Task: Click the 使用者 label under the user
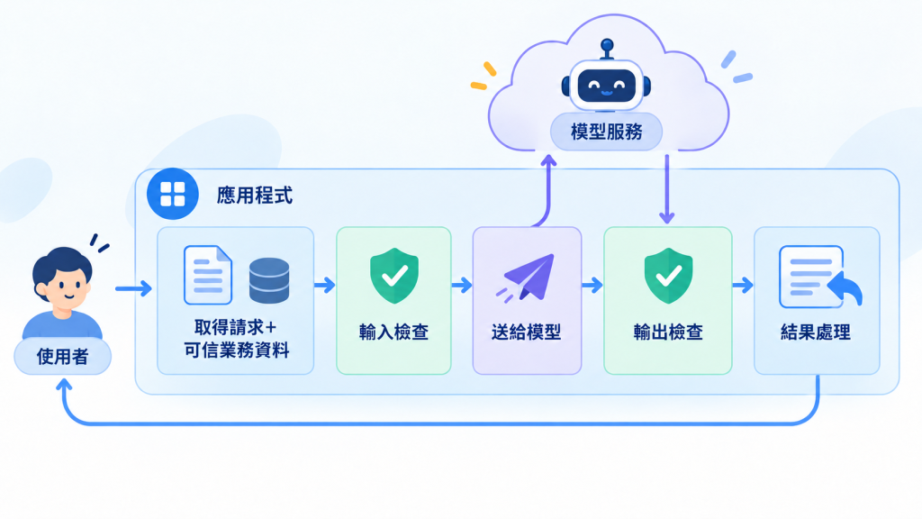(x=62, y=357)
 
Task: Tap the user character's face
(x=64, y=286)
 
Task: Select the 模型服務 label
(x=606, y=132)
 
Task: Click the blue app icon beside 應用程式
(x=172, y=194)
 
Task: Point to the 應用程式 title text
(x=255, y=195)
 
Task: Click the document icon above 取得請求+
(x=208, y=275)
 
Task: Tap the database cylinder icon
(x=269, y=281)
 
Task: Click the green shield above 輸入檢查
(x=394, y=276)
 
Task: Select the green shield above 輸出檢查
(x=668, y=276)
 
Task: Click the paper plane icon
(x=526, y=278)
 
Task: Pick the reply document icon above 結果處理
(x=819, y=278)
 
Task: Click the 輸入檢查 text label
(x=394, y=332)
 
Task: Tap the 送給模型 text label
(x=526, y=332)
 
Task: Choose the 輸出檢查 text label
(x=668, y=332)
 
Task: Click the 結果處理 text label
(x=816, y=332)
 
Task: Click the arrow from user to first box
(x=133, y=288)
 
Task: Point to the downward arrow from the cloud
(x=666, y=189)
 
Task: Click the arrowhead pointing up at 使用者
(x=64, y=386)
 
